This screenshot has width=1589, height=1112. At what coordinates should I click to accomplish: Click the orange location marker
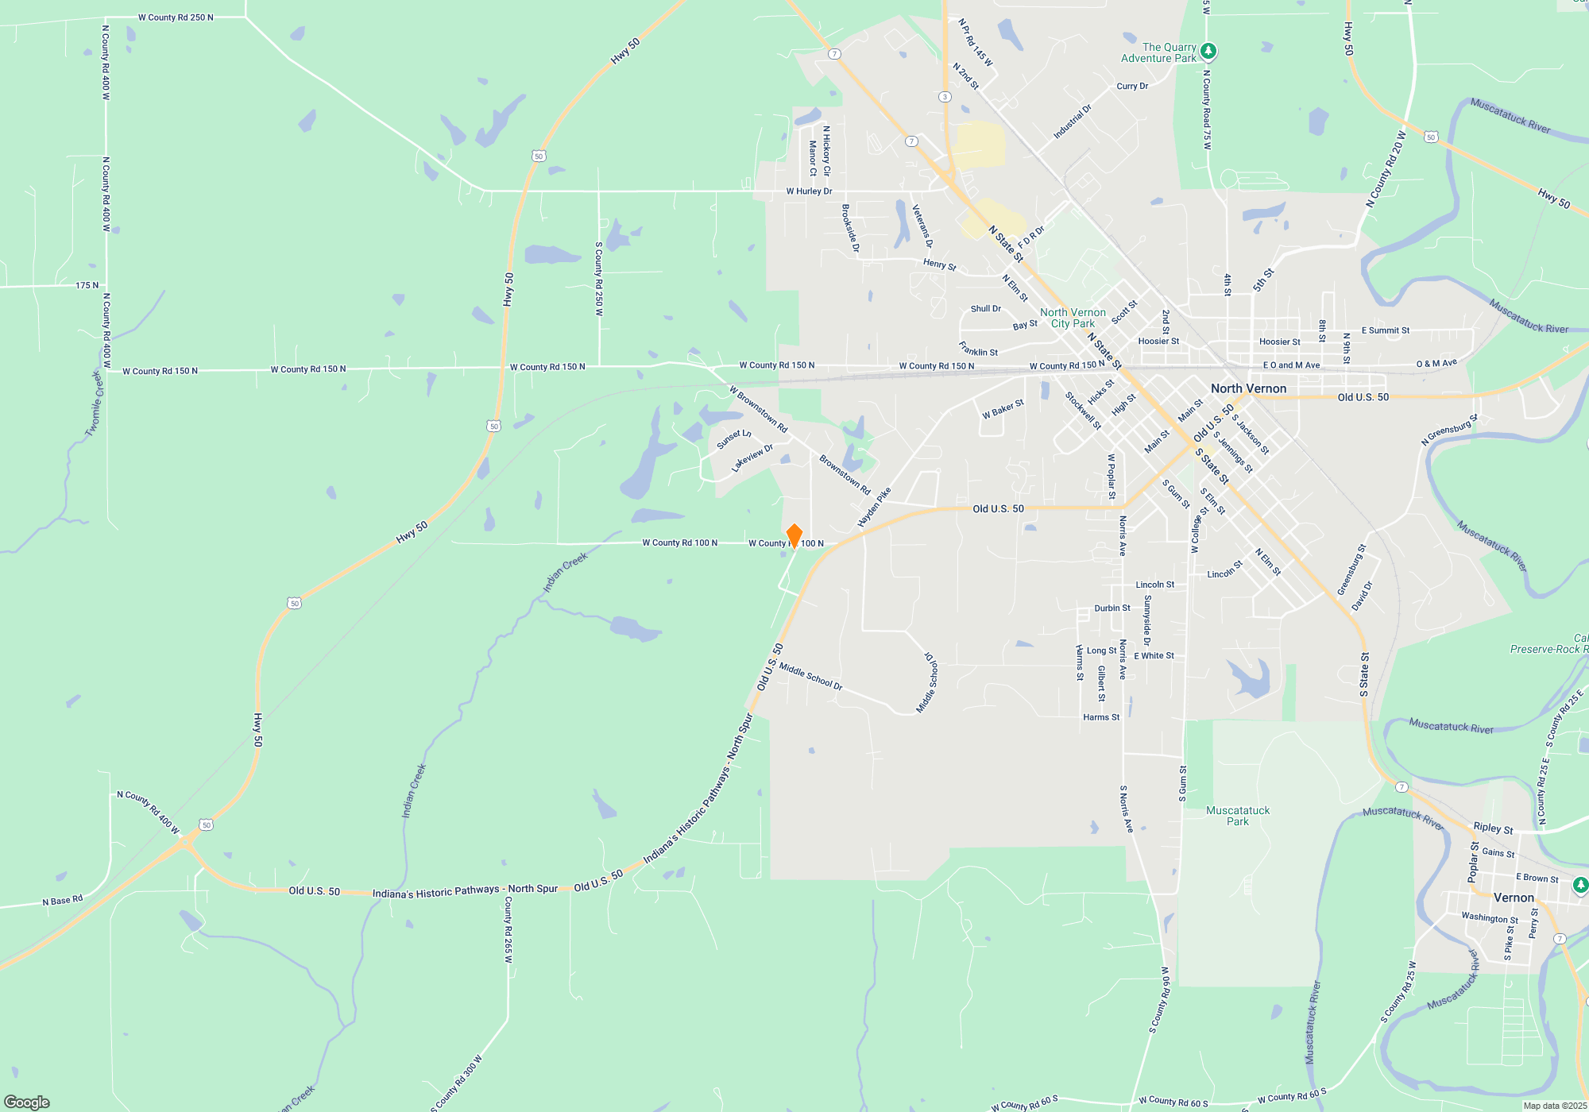pyautogui.click(x=794, y=535)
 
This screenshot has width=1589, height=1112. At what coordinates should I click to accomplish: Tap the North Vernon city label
pyautogui.click(x=1248, y=388)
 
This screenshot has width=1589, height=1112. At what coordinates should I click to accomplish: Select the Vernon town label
pyautogui.click(x=1514, y=898)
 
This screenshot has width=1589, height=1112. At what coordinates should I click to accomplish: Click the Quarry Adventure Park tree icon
pyautogui.click(x=1208, y=52)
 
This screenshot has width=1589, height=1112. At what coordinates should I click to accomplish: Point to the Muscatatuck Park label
pyautogui.click(x=1238, y=816)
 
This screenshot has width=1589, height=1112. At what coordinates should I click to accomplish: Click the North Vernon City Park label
pyautogui.click(x=1073, y=318)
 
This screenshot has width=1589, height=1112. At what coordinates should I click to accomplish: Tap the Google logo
pyautogui.click(x=27, y=1102)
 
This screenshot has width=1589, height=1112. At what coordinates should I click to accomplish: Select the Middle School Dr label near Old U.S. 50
pyautogui.click(x=810, y=676)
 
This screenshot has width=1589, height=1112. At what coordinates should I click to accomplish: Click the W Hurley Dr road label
pyautogui.click(x=809, y=191)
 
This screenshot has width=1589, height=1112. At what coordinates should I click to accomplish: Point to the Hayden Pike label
pyautogui.click(x=874, y=508)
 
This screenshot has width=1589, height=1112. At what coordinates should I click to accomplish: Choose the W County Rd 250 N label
pyautogui.click(x=176, y=17)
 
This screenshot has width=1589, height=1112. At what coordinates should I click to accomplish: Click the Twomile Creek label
pyautogui.click(x=95, y=403)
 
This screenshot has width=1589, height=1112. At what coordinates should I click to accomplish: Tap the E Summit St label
pyautogui.click(x=1386, y=330)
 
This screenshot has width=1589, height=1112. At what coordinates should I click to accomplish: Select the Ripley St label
pyautogui.click(x=1493, y=828)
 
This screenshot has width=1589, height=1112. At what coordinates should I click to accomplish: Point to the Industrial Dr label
pyautogui.click(x=1073, y=122)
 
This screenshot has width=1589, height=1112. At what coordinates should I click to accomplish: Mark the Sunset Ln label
pyautogui.click(x=733, y=439)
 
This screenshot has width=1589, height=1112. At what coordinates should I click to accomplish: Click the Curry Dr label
pyautogui.click(x=1132, y=86)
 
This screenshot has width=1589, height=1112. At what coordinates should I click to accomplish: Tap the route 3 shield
pyautogui.click(x=945, y=97)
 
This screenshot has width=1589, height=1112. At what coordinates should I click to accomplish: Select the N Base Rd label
pyautogui.click(x=62, y=901)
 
